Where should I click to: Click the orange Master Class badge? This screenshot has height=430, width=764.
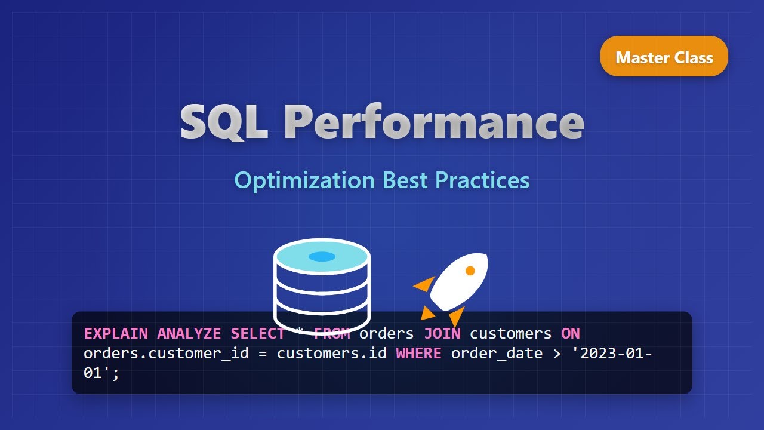click(x=664, y=57)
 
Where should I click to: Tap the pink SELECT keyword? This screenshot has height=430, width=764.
click(x=258, y=333)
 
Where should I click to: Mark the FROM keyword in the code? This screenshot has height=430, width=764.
click(x=331, y=333)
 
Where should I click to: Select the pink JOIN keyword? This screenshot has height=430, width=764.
click(x=442, y=333)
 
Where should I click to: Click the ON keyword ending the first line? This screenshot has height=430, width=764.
click(x=570, y=333)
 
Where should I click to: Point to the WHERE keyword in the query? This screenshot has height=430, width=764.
click(x=418, y=353)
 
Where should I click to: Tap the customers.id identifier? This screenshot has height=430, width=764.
click(x=331, y=353)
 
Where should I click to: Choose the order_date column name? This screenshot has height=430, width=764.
click(x=497, y=353)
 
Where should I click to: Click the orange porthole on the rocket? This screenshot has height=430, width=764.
click(x=470, y=271)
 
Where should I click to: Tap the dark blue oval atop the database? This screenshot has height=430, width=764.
click(x=322, y=256)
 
